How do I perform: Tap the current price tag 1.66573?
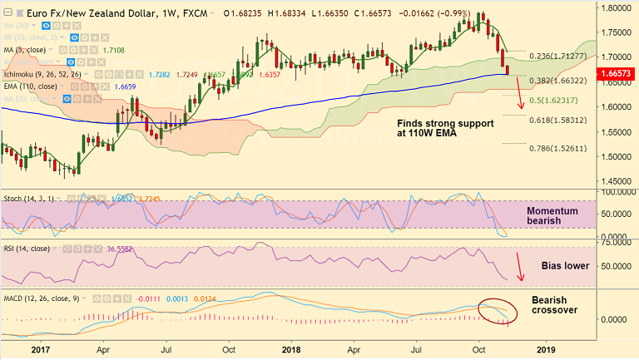[x=617, y=74]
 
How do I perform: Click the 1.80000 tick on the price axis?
[x=616, y=7]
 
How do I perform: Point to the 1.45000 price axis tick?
[x=616, y=181]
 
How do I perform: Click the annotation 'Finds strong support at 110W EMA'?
[x=445, y=128]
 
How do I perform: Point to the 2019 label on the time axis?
[x=547, y=350]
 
